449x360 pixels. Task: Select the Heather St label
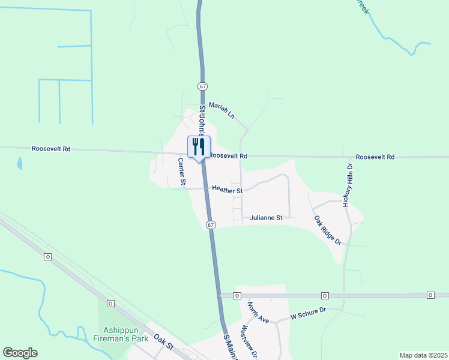point(227,190)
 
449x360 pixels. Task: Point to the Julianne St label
point(266,218)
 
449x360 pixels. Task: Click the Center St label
point(181,172)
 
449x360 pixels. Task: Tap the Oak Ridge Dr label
point(328,230)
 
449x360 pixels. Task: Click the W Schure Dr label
point(307,313)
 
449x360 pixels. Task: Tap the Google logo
point(20,353)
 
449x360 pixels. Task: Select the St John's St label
point(205,119)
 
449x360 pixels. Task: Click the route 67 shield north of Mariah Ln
point(203,87)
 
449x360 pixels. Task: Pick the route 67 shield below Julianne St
point(210,224)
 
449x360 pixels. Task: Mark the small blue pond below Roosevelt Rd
point(20,163)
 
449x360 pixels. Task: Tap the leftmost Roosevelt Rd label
point(51,148)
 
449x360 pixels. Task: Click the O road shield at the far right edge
point(430,295)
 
